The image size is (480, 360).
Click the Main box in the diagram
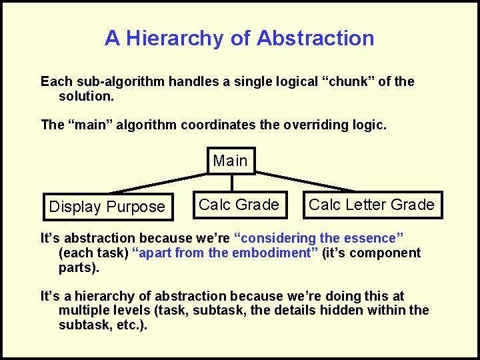click(x=231, y=161)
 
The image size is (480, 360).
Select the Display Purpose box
click(x=107, y=207)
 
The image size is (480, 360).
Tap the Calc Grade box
click(x=239, y=205)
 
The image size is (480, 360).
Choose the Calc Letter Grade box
click(x=371, y=205)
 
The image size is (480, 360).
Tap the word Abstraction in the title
click(x=315, y=38)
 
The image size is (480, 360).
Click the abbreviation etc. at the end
click(x=132, y=325)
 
